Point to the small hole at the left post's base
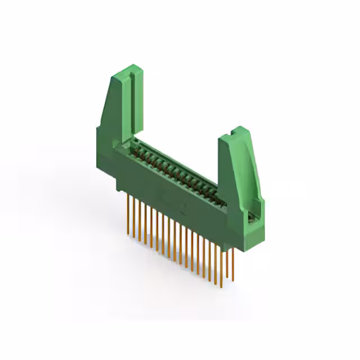(134, 140)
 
